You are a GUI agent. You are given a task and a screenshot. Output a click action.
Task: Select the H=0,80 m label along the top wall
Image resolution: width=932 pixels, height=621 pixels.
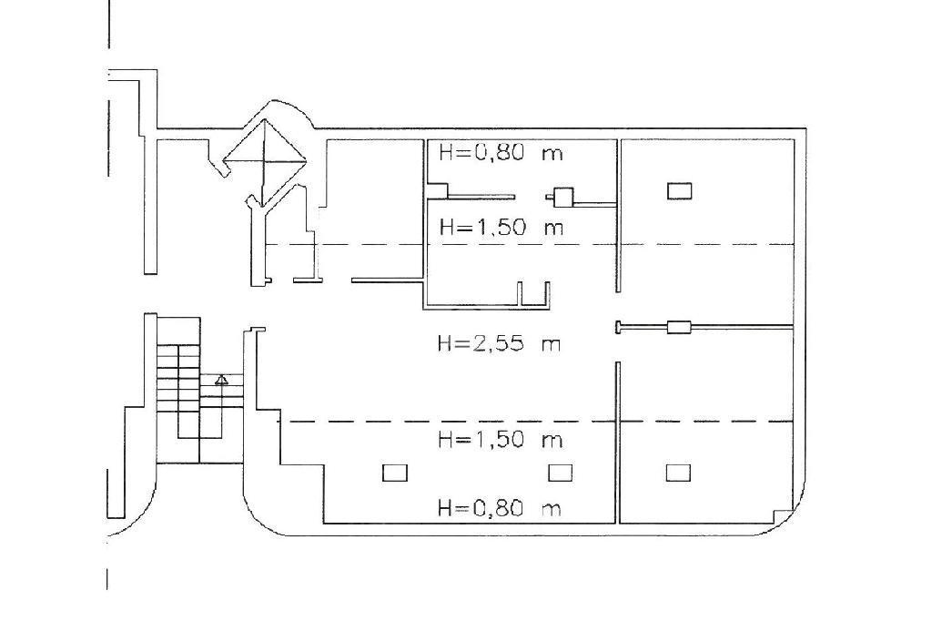click(x=501, y=153)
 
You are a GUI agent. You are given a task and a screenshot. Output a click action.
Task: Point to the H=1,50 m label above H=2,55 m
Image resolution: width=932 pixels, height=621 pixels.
click(x=501, y=228)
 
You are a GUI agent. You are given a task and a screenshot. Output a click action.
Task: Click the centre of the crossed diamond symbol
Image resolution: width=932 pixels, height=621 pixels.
click(x=264, y=160)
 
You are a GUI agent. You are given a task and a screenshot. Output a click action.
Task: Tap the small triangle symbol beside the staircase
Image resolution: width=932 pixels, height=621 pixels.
click(x=222, y=380)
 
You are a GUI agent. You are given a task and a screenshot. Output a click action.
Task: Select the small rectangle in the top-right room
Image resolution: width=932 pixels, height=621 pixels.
click(x=679, y=191)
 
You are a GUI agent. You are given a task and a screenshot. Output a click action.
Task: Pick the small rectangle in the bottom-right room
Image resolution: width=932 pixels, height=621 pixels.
click(x=678, y=473)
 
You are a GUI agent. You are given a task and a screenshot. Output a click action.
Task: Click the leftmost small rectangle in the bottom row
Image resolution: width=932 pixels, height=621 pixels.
click(x=395, y=473)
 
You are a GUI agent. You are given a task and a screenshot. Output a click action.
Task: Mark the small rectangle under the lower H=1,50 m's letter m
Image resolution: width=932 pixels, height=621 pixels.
click(x=560, y=473)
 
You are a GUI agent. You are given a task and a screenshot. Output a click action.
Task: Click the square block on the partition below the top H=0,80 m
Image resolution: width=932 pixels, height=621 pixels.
click(x=563, y=197)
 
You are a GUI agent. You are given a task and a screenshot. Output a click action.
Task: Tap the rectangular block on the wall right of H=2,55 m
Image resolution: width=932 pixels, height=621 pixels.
click(x=679, y=327)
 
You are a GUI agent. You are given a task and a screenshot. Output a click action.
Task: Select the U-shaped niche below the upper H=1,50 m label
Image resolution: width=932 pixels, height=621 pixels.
click(x=533, y=294)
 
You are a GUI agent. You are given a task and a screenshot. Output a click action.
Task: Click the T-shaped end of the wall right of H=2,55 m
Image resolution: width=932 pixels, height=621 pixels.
click(x=618, y=327)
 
